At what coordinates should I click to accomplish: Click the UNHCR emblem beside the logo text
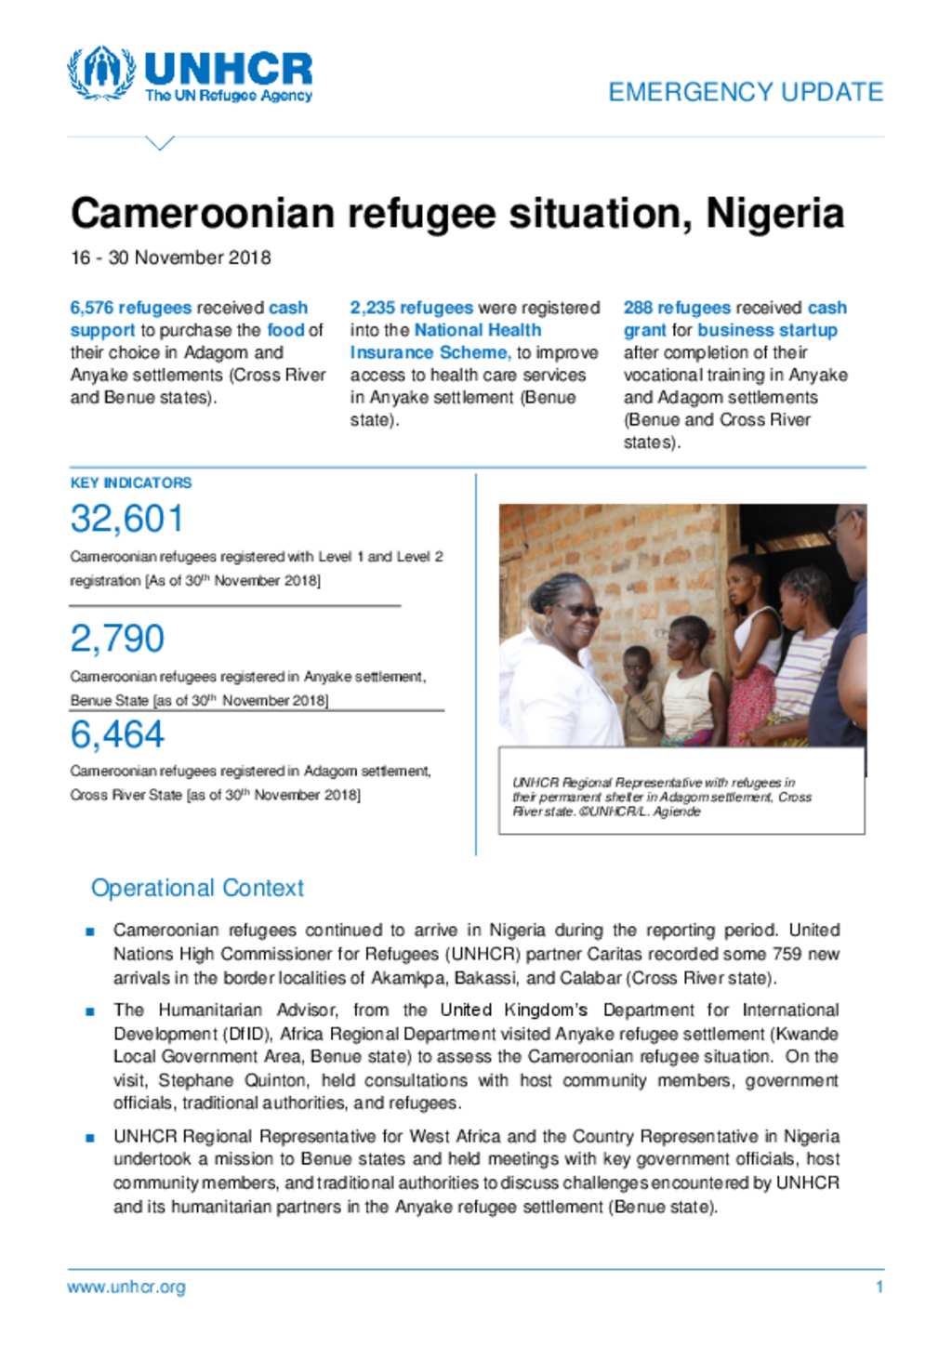[101, 73]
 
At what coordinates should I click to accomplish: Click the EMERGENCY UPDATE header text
[746, 92]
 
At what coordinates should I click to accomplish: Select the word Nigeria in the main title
[774, 213]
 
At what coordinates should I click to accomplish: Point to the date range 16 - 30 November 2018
[171, 258]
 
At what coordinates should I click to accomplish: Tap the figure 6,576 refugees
[130, 308]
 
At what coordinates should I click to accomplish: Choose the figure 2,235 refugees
[411, 308]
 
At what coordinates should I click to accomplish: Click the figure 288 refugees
[677, 308]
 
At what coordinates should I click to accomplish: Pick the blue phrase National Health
[477, 330]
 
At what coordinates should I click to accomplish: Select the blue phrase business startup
[767, 330]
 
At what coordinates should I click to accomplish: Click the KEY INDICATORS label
[131, 482]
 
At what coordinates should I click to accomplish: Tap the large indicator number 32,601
[127, 519]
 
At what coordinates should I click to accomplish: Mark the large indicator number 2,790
[117, 639]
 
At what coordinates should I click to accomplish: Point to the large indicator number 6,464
[117, 734]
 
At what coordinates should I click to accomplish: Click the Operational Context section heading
[197, 888]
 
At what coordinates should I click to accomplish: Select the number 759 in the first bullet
[786, 954]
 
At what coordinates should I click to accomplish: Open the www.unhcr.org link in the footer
[126, 1288]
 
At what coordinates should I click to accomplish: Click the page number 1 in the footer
[879, 1288]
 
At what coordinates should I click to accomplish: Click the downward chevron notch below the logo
[160, 143]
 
